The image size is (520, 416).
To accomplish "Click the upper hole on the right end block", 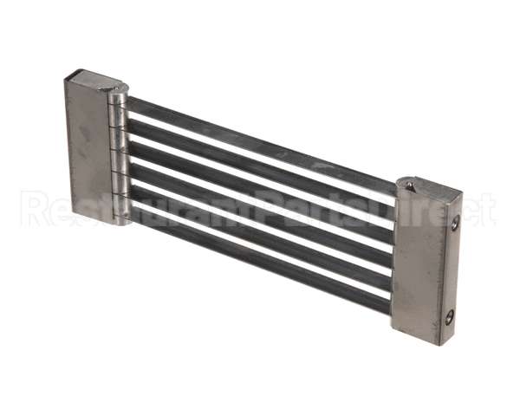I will click(x=455, y=224).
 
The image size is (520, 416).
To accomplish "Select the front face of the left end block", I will click(x=87, y=152).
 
